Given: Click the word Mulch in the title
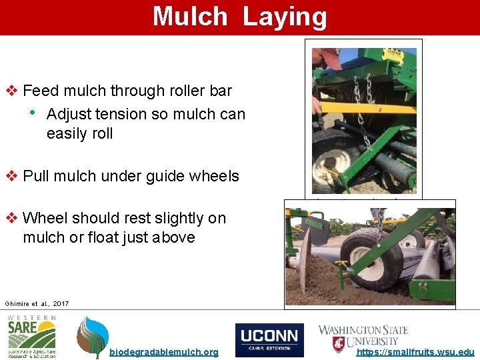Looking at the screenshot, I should [190, 17].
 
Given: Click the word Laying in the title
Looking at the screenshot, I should [285, 17].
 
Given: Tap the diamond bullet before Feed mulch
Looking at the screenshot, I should [11, 91].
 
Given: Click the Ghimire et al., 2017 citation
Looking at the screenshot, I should [37, 303].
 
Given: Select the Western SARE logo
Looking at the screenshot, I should [32, 336].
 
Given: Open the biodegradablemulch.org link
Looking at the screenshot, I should [163, 352].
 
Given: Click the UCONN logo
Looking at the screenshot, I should [269, 339].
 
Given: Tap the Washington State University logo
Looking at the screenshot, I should [363, 337].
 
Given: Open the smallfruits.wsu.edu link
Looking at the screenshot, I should [416, 352].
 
